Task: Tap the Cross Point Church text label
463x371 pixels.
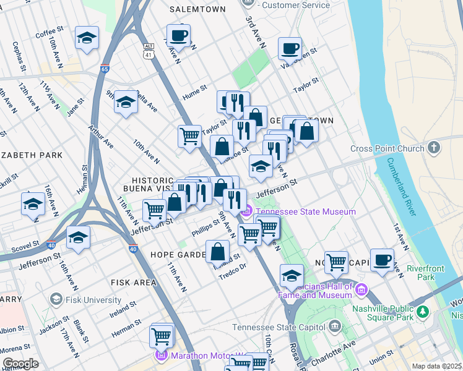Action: click(x=387, y=148)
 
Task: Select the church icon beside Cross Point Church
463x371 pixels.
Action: click(x=434, y=148)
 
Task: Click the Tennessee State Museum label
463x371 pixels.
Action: click(x=305, y=211)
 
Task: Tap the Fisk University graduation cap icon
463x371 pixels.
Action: click(x=56, y=300)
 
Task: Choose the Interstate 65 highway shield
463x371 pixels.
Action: click(x=105, y=70)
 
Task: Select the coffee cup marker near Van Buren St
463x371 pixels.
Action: click(x=290, y=48)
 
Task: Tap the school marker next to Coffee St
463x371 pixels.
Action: click(x=87, y=37)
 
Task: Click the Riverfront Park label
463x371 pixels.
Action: click(x=420, y=274)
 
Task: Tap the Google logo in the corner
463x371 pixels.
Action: click(x=20, y=363)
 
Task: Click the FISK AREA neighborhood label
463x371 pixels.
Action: click(x=134, y=282)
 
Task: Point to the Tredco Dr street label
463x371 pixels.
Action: click(x=233, y=271)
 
